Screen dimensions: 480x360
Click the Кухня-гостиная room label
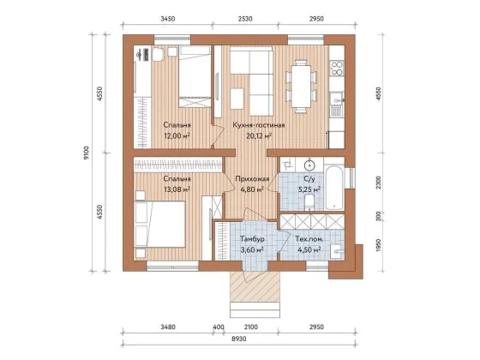(259, 125)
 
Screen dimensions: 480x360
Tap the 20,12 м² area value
(259, 135)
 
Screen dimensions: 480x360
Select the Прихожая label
(252, 179)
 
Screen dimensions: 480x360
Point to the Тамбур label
(252, 239)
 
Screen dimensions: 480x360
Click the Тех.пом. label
(309, 239)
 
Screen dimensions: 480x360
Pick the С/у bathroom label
(309, 178)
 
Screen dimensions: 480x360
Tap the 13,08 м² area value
(177, 189)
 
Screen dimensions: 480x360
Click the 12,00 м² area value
(177, 135)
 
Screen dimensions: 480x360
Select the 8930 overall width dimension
(239, 339)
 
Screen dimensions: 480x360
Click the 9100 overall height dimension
(87, 153)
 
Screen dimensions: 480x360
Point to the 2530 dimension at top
(245, 19)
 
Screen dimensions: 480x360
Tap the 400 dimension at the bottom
(219, 327)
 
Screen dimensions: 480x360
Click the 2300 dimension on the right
(379, 183)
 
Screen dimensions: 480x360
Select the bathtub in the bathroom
(334, 188)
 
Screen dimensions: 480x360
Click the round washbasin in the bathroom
(309, 165)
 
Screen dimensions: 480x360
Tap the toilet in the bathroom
(309, 202)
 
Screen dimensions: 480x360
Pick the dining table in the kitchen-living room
(301, 87)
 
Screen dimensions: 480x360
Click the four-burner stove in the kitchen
(336, 68)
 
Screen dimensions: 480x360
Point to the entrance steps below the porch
(255, 309)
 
